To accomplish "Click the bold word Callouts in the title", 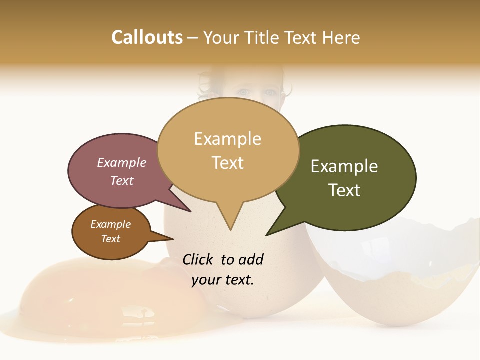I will coord(147,37).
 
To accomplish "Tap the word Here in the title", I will coord(341,38).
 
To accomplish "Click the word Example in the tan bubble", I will coord(227,139).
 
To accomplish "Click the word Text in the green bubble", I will coord(344,190).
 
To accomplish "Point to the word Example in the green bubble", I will coord(344,166).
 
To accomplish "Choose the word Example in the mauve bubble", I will coord(121,162).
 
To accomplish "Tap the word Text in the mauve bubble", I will coord(121,180).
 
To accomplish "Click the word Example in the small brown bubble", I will coord(110,224).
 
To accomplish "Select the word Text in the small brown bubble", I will coord(110,239).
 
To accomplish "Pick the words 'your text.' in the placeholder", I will coord(223,280).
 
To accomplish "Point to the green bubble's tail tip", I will coord(266,235).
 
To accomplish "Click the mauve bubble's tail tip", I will coord(191,211).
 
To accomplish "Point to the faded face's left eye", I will coord(243,92).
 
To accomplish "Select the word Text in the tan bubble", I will coord(227,163).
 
